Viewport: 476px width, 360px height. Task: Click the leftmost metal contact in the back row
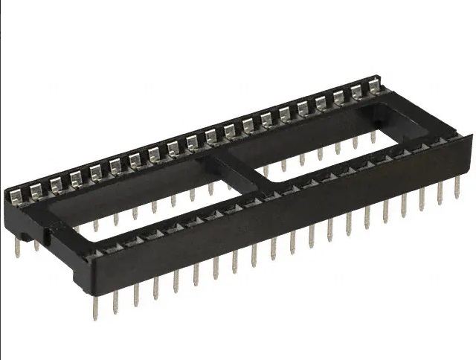(16, 196)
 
